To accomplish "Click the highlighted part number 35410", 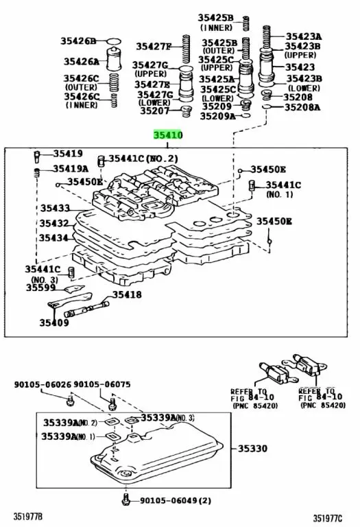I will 168,136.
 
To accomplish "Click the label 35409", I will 53,321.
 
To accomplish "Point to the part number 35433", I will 53,208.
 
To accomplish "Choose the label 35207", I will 154,110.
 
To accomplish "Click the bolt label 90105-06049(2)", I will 173,501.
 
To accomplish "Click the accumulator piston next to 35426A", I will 115,60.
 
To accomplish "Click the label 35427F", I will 152,47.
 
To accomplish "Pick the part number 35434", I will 53,238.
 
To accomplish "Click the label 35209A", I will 217,117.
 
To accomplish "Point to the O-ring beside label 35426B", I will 115,41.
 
